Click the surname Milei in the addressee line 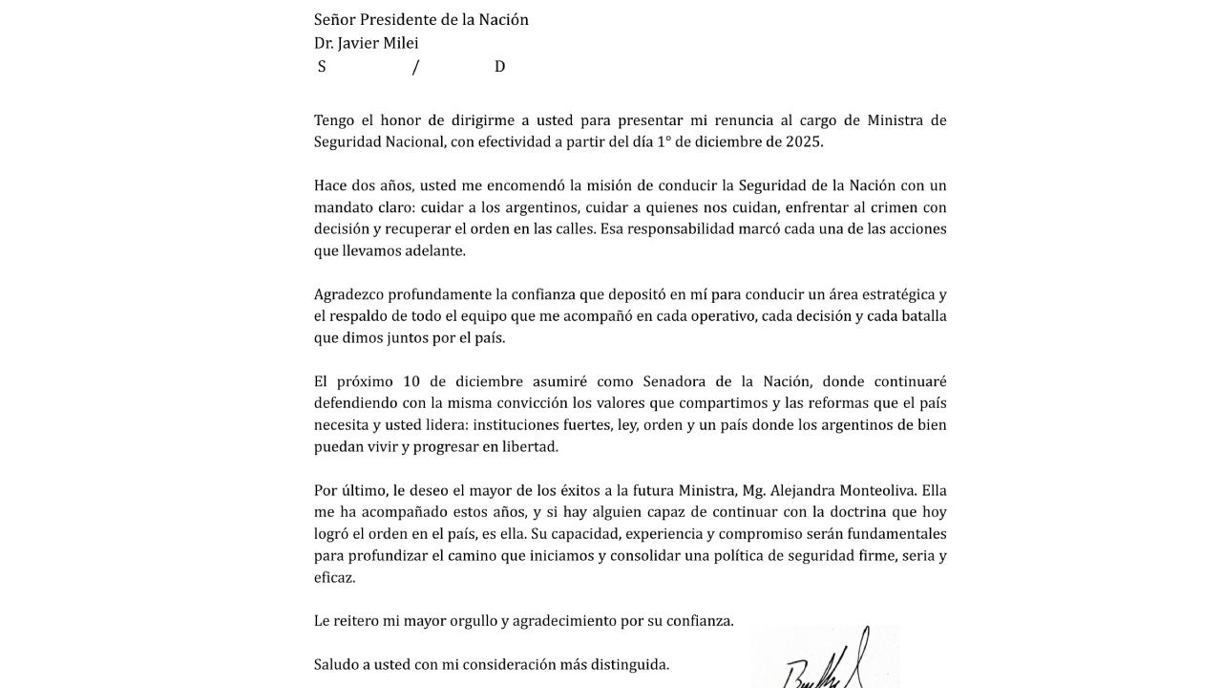point(400,43)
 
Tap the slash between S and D point(415,66)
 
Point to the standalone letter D point(499,66)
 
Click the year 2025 point(801,141)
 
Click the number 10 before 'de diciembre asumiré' point(411,381)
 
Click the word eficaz point(334,577)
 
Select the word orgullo point(467,620)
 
